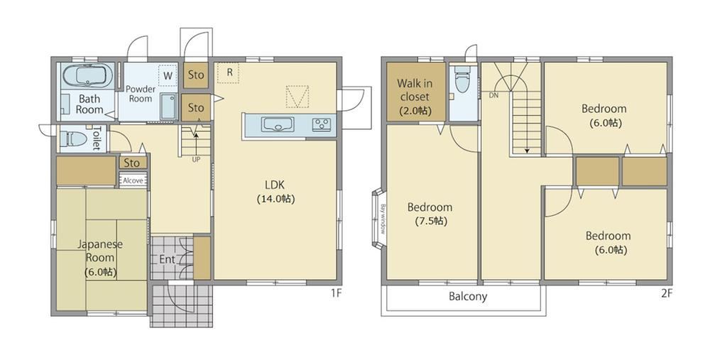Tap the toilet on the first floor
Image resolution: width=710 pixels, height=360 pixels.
74,138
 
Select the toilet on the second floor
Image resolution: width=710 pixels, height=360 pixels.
463,80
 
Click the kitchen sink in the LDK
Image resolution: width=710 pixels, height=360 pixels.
277,124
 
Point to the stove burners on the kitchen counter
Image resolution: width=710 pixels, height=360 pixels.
322,124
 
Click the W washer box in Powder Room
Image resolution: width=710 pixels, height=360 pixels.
168,76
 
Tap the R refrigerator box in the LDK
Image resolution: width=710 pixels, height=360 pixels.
228,72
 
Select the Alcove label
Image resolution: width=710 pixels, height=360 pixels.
133,180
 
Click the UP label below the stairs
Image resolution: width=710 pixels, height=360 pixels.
196,160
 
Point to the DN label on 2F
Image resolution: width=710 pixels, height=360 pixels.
493,96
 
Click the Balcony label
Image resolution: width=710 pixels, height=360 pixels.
468,297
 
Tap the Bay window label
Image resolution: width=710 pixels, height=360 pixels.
383,219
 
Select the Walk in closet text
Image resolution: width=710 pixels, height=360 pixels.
415,90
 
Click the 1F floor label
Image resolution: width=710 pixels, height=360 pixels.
335,293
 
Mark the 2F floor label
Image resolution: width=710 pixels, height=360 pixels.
667,293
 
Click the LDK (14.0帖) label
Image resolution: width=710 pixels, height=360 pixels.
275,192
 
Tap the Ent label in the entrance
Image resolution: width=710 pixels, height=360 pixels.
167,259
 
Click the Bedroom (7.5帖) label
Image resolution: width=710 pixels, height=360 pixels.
430,214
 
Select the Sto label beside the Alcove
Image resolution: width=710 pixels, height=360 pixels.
132,163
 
